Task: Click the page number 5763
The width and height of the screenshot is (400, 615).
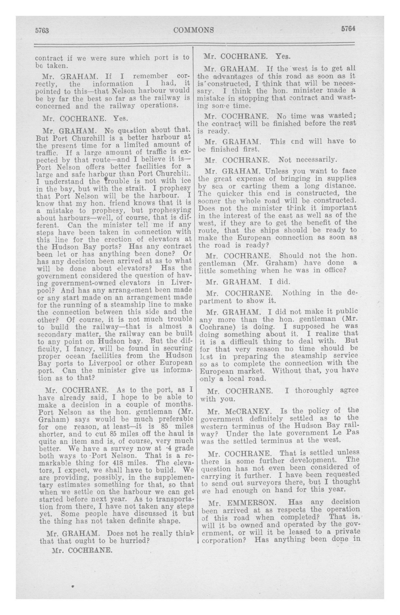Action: click(x=42, y=30)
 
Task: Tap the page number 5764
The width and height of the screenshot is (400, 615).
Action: click(x=348, y=29)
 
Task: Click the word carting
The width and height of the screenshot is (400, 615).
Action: click(x=253, y=186)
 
